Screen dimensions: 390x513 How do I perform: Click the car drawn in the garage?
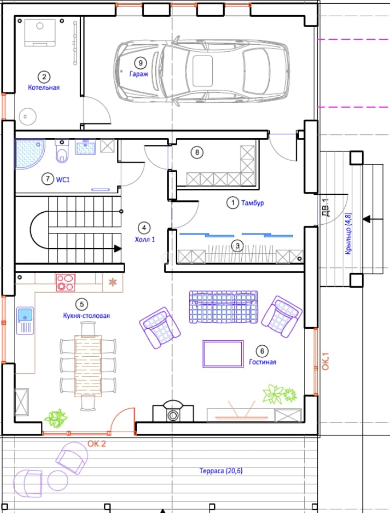(201, 71)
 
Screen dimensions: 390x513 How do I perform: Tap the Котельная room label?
(44, 87)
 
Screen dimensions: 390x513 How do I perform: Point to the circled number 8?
(197, 152)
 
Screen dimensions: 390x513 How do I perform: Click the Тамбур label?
(253, 203)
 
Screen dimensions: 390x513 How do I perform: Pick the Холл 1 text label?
(145, 239)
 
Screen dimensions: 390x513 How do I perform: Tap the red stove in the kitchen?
(66, 283)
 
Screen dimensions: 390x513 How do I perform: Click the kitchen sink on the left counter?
(25, 321)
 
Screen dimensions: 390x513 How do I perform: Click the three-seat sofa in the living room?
(223, 307)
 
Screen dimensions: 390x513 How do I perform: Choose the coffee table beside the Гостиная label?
(223, 354)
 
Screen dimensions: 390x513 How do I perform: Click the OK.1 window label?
(325, 361)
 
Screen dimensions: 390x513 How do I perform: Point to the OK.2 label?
(96, 444)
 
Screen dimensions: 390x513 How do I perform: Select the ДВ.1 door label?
(326, 208)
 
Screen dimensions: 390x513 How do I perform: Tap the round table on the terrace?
(58, 480)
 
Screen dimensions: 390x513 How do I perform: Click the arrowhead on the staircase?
(117, 248)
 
